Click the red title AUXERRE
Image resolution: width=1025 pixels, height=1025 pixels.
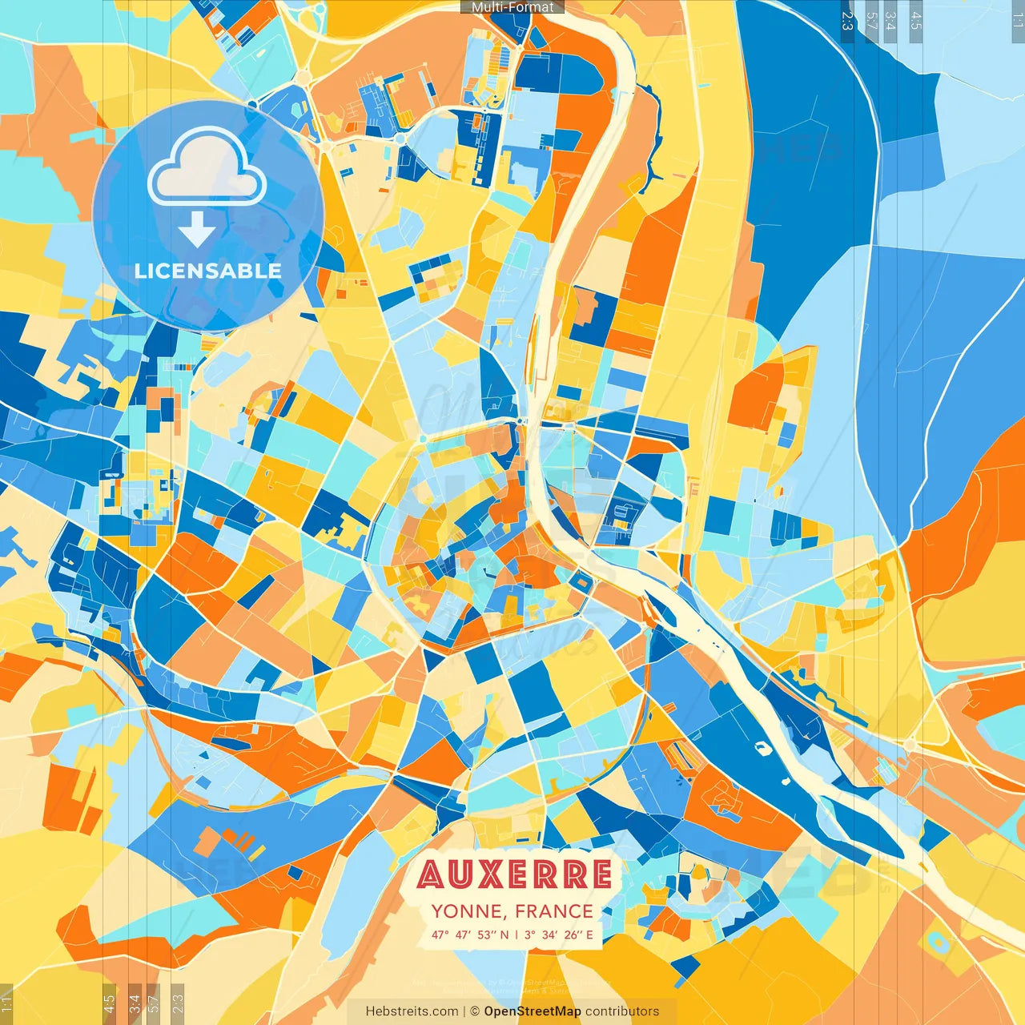click(514, 874)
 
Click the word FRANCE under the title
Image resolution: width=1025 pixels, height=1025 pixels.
click(554, 911)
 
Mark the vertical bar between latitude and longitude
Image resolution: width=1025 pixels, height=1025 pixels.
click(517, 935)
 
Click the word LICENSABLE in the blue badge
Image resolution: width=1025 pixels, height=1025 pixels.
click(208, 271)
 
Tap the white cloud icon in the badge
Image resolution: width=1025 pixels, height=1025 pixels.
click(207, 170)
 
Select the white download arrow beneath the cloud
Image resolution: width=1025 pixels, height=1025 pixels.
click(197, 230)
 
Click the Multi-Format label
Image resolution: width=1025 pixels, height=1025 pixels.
click(512, 7)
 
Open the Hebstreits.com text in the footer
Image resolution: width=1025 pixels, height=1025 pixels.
click(412, 1011)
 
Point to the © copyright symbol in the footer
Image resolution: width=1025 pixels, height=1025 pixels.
click(474, 1011)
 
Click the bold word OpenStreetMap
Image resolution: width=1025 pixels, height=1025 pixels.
click(533, 1011)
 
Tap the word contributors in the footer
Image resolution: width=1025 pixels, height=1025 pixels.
click(622, 1011)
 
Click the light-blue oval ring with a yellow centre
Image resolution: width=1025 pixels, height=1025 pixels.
click(937, 943)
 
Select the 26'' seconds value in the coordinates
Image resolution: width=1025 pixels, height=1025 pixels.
click(572, 935)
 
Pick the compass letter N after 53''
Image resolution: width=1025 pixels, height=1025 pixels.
click(504, 935)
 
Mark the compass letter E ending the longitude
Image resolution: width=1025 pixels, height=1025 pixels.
click(590, 935)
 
